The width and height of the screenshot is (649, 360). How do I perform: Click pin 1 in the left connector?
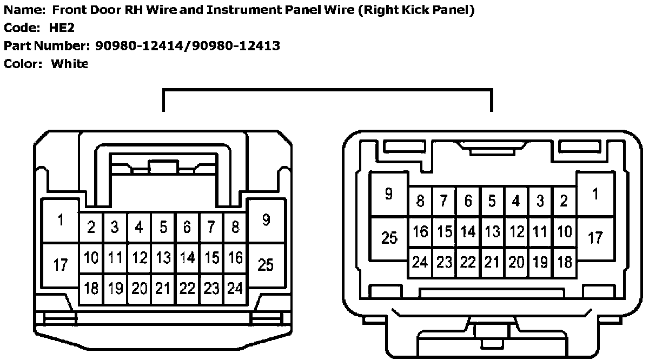tap(61, 221)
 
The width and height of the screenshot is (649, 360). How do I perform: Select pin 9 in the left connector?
tap(265, 220)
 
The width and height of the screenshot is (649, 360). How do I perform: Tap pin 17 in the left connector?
tap(61, 265)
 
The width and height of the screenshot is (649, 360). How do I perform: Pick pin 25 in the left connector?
tap(265, 265)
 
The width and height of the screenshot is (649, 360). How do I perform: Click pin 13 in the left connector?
tap(163, 258)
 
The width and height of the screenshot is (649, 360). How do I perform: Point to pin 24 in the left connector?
tap(235, 289)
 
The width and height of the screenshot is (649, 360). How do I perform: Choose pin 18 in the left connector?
tap(91, 289)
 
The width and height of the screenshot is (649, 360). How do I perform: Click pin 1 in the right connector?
tap(595, 194)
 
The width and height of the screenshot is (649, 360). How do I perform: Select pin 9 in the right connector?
tap(388, 194)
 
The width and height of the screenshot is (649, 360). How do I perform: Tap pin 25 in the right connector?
tap(389, 237)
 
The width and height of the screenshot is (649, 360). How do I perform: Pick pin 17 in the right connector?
tap(595, 237)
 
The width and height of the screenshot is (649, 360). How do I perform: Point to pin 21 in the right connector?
tap(492, 263)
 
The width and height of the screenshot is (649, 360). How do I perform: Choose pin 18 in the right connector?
tap(564, 263)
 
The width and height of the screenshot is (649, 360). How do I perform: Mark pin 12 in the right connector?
tap(516, 232)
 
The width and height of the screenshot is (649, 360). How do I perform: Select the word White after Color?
tap(69, 64)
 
